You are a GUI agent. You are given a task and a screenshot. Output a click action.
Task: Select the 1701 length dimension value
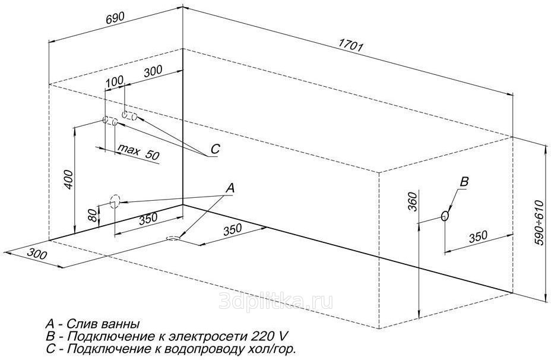350,45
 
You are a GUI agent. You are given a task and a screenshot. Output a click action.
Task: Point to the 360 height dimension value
413,201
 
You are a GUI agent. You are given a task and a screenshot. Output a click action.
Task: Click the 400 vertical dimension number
69,179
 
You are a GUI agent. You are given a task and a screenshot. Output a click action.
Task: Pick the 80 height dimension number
93,215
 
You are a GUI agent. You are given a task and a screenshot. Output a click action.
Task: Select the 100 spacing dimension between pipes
115,81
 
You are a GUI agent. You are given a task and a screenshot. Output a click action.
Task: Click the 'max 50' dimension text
138,151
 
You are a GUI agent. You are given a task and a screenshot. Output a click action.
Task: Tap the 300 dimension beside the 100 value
153,71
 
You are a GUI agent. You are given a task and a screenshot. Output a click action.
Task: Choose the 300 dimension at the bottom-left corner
37,253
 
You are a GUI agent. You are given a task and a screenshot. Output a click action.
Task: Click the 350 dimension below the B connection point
478,236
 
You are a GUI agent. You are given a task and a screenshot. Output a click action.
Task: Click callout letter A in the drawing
230,188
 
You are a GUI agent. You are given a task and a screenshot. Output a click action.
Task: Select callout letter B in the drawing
464,181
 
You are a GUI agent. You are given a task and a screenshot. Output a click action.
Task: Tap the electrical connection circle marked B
445,216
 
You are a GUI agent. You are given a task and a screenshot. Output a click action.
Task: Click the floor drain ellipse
173,239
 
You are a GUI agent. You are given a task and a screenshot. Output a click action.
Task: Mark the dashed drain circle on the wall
115,202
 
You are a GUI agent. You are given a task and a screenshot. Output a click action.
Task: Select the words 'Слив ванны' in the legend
103,323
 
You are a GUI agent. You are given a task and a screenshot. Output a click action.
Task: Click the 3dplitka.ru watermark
275,301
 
